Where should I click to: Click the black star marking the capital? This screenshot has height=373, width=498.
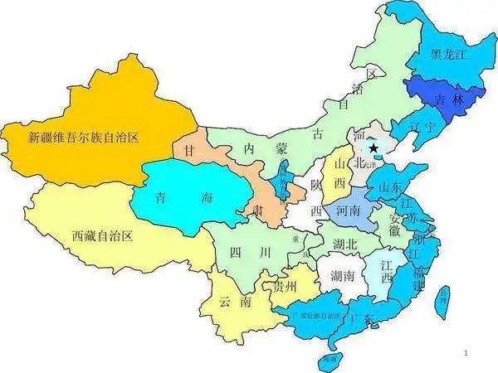374,148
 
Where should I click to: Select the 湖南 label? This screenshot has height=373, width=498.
342,275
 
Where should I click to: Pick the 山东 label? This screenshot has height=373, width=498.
391,187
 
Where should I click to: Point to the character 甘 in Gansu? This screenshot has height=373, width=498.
190,153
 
